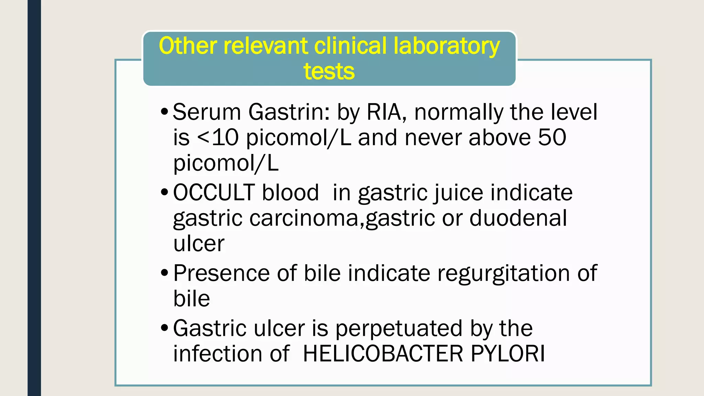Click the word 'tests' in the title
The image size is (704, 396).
coord(329,71)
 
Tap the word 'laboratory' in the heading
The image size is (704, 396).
coord(447,46)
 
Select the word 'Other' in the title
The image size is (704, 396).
coord(188,46)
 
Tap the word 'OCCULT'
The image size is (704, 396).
coord(213,192)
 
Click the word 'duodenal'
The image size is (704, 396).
coord(518,218)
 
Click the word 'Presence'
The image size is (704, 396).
coord(221,273)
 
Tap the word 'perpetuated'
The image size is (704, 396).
coord(399,328)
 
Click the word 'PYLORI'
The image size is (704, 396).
coord(508,354)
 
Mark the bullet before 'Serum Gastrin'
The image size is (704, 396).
coord(165,112)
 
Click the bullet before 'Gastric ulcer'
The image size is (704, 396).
coord(165,328)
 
